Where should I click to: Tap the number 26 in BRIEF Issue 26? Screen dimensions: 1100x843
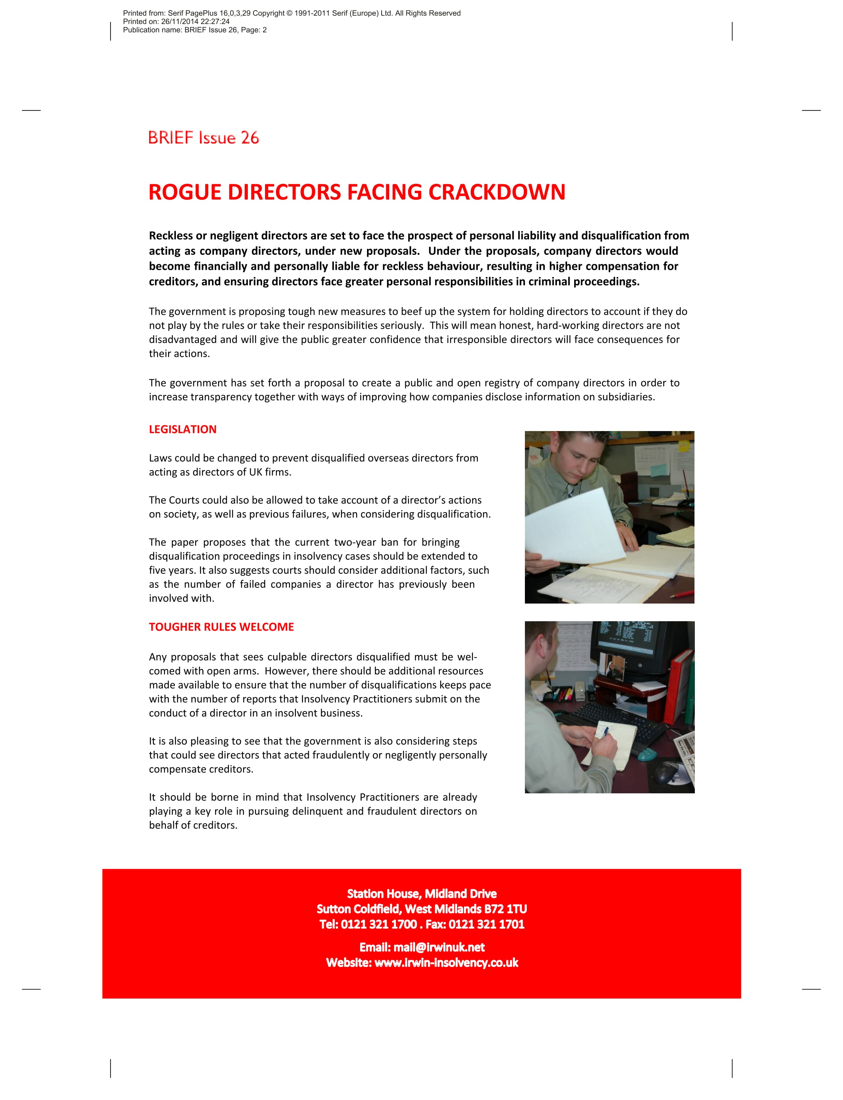[x=249, y=138]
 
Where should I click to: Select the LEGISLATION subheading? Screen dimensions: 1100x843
[x=183, y=430]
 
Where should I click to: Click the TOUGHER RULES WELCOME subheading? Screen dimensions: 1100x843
[x=221, y=627]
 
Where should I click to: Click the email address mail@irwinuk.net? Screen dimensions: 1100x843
[x=439, y=947]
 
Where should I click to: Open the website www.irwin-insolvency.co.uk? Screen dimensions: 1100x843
[x=446, y=962]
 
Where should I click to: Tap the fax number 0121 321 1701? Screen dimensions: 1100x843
[x=486, y=924]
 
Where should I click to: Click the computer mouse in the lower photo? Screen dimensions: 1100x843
[x=667, y=772]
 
